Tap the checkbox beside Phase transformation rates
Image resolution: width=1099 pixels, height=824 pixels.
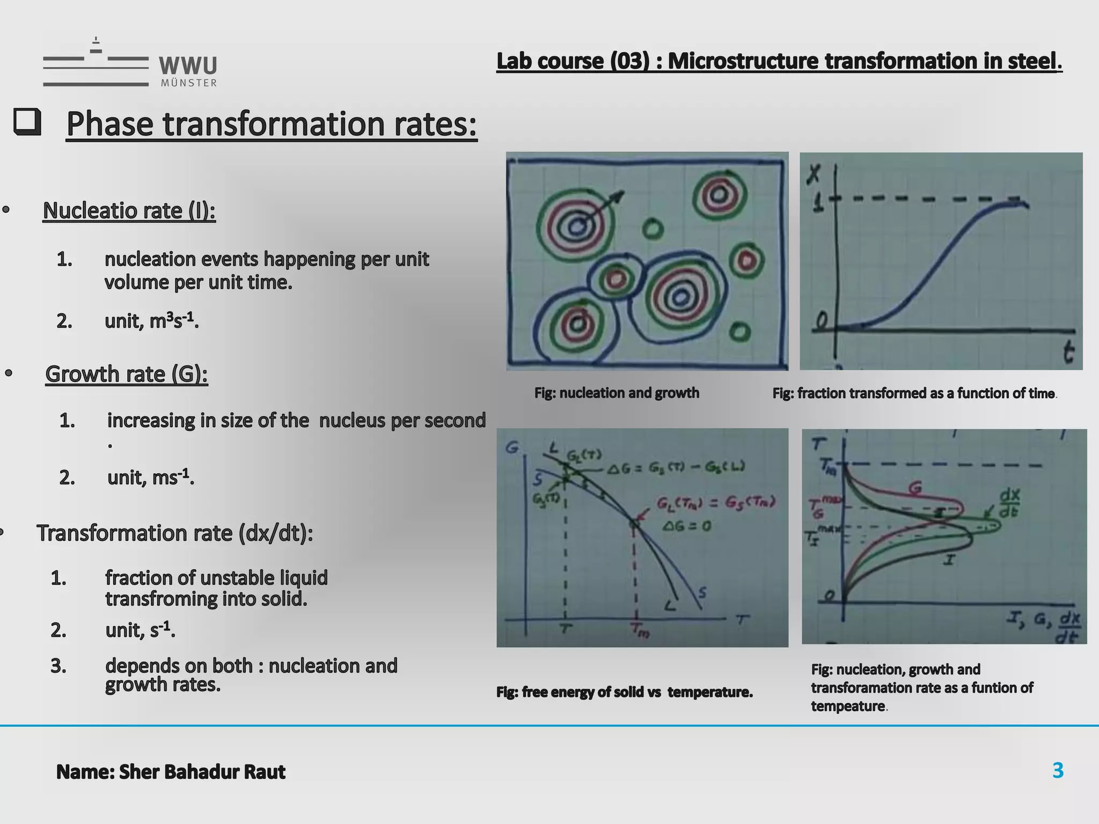point(27,122)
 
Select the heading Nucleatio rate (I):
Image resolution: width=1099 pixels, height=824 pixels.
point(129,210)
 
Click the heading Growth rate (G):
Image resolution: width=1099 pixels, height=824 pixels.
point(127,374)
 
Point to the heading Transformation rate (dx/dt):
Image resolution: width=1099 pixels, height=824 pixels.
point(175,533)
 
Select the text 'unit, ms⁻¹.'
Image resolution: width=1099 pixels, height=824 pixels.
point(151,477)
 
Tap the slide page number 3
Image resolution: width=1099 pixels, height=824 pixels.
point(1058,770)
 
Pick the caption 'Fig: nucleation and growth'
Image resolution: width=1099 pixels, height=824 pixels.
point(617,393)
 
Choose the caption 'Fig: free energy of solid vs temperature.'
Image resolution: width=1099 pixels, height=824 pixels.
point(625,692)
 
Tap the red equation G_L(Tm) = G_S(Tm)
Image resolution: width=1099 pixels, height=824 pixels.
point(716,503)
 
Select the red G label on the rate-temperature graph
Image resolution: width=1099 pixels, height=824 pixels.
point(915,488)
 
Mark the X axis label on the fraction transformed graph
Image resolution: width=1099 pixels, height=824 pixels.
point(815,175)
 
